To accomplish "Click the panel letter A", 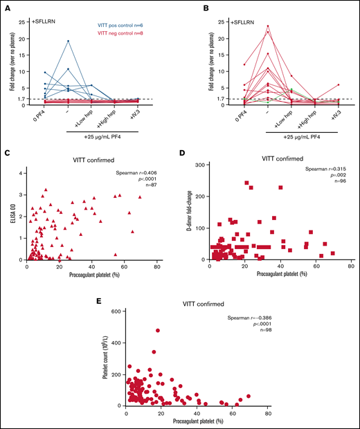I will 10,8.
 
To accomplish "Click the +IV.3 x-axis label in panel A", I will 156,116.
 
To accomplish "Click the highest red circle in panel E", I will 158,331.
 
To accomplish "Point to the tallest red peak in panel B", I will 248,26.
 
